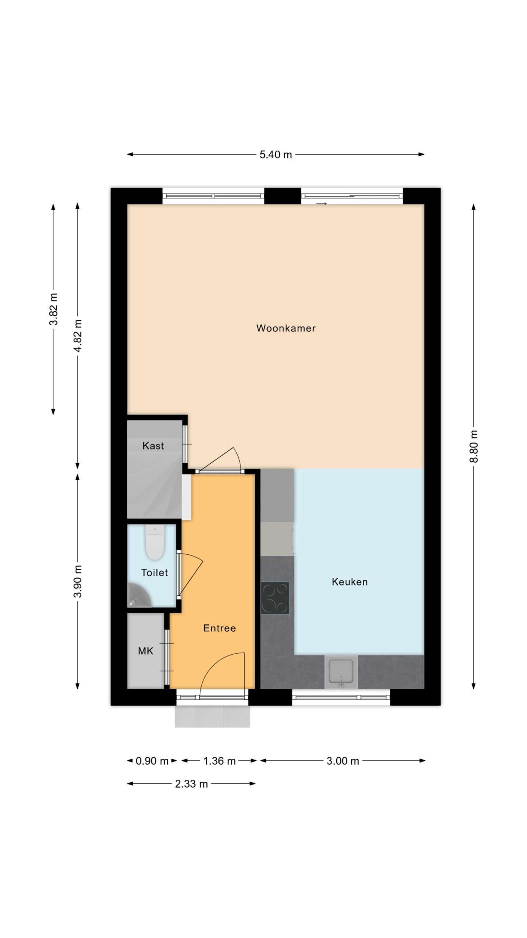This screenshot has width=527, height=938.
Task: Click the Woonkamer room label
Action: pyautogui.click(x=286, y=328)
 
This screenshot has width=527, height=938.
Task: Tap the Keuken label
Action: pyautogui.click(x=350, y=581)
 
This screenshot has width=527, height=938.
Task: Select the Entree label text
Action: pyautogui.click(x=219, y=628)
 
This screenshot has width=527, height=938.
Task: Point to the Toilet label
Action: pyautogui.click(x=154, y=572)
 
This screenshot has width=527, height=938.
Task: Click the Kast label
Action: pyautogui.click(x=153, y=446)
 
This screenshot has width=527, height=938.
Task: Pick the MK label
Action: pyautogui.click(x=145, y=651)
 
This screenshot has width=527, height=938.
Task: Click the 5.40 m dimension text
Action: pyautogui.click(x=276, y=155)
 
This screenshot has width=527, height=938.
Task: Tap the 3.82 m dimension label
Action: pyautogui.click(x=53, y=309)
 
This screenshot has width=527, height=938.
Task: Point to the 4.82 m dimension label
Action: pyautogui.click(x=78, y=336)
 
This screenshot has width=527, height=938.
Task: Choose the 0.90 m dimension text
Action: pyautogui.click(x=152, y=761)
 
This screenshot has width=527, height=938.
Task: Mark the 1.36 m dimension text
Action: pyautogui.click(x=219, y=761)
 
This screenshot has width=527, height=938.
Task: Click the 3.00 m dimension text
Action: pyautogui.click(x=343, y=761)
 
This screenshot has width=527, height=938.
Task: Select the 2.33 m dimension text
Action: pyautogui.click(x=191, y=784)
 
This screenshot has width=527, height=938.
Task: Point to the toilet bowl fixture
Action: pyautogui.click(x=154, y=542)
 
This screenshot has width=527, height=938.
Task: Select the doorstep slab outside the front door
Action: pyautogui.click(x=212, y=716)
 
